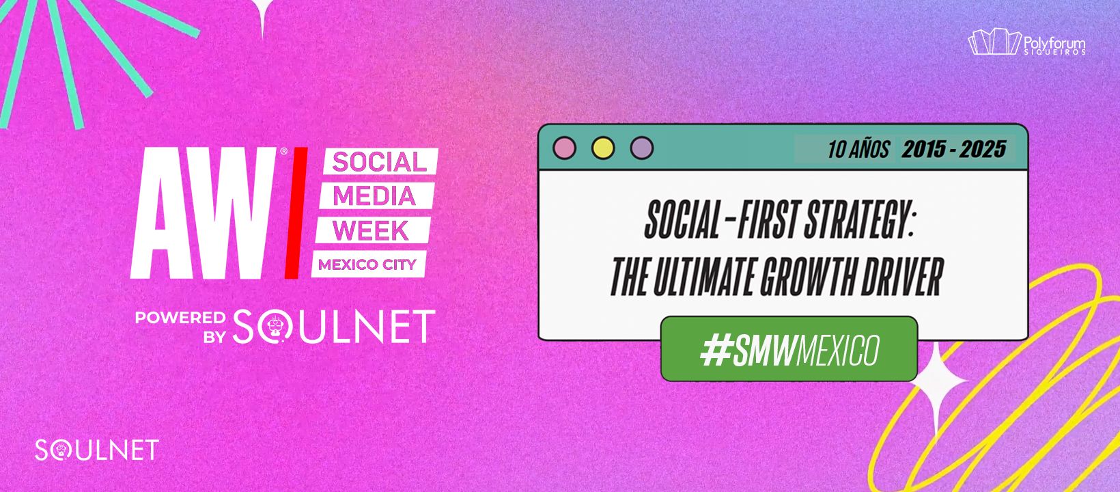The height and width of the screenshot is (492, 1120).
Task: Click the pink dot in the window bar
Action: click(x=565, y=148)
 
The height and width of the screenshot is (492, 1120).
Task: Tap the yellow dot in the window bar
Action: click(x=603, y=148)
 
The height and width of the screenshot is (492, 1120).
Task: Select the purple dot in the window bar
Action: click(x=642, y=148)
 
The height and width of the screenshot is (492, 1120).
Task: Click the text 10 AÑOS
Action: click(x=858, y=149)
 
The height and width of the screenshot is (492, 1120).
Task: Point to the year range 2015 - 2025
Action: click(x=954, y=149)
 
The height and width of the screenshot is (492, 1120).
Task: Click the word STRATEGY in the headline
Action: click(x=858, y=221)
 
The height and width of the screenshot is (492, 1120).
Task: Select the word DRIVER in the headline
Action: click(x=901, y=277)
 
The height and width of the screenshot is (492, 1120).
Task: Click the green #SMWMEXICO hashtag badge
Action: click(x=789, y=349)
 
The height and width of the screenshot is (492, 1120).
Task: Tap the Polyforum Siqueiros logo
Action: click(x=1026, y=42)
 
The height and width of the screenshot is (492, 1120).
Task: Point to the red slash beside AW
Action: click(x=296, y=213)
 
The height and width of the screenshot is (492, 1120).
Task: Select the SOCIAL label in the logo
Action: click(x=380, y=162)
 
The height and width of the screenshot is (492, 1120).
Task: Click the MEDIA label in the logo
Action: click(x=375, y=195)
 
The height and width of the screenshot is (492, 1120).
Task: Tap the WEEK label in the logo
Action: click(x=372, y=230)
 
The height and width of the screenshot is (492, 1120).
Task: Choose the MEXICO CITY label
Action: click(x=368, y=264)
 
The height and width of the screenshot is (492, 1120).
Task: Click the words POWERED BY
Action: click(x=180, y=327)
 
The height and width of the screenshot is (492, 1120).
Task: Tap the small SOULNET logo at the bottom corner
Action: click(x=97, y=450)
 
